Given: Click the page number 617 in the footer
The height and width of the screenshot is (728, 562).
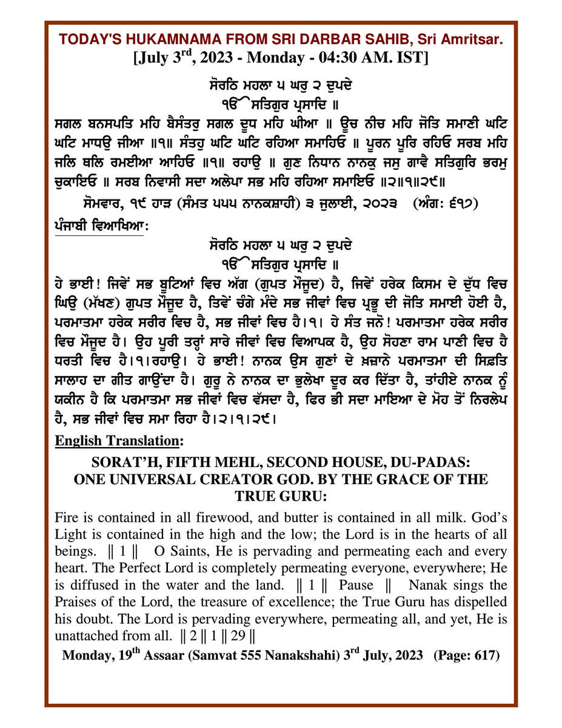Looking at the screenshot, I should (484, 657).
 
